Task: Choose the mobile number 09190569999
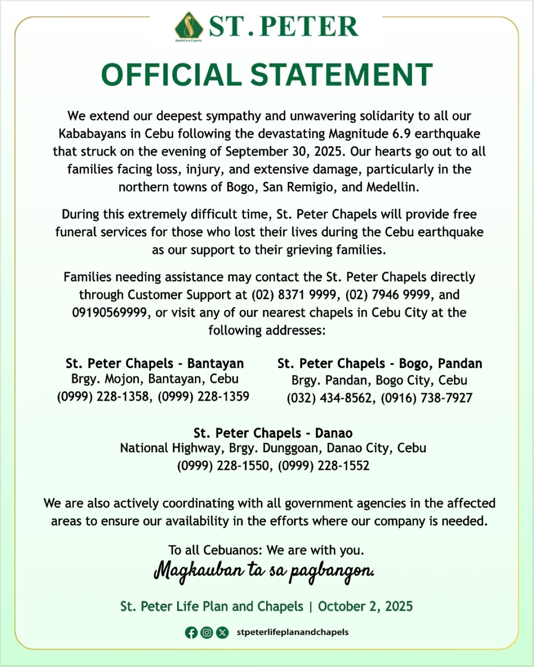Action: click(x=109, y=313)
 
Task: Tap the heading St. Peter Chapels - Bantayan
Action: click(x=154, y=363)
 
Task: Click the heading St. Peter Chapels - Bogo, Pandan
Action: click(x=380, y=363)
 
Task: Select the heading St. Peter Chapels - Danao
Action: click(x=273, y=433)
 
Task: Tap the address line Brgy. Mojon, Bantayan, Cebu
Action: click(x=154, y=379)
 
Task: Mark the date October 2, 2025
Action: click(x=365, y=607)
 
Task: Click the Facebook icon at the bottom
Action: click(x=191, y=632)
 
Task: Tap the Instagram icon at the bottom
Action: click(x=206, y=632)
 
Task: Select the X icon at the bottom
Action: click(x=222, y=632)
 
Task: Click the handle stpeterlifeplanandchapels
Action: click(x=292, y=632)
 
